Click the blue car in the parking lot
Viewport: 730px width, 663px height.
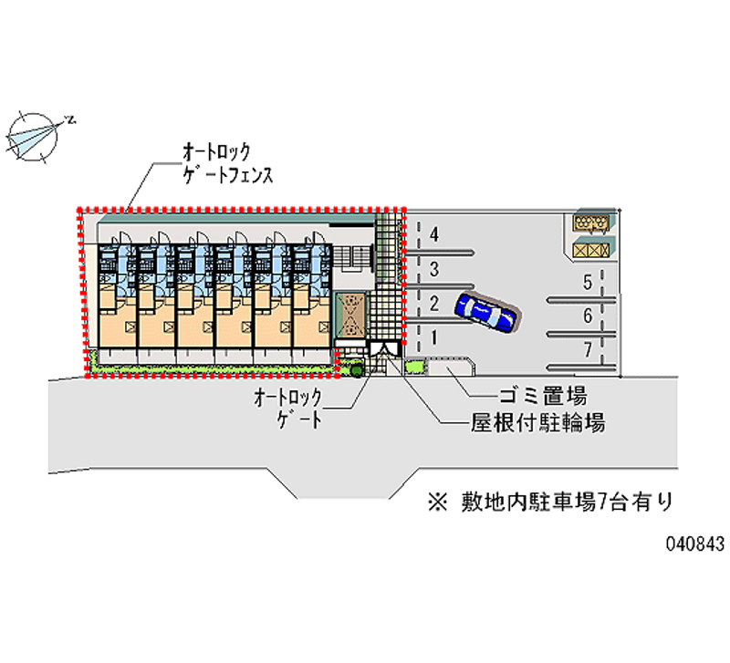(x=487, y=313)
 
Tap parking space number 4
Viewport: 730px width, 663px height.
(x=434, y=234)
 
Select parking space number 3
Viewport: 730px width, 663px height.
(x=434, y=269)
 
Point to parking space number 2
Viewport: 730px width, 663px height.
(x=434, y=304)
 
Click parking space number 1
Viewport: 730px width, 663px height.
(x=434, y=337)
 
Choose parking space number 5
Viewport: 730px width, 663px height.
(x=588, y=282)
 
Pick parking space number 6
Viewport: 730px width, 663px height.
(x=588, y=316)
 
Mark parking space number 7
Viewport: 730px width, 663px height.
(x=588, y=349)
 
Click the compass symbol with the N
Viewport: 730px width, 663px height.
(x=36, y=137)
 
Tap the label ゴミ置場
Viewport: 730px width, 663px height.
(x=543, y=397)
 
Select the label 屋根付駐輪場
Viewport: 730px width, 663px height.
(x=537, y=423)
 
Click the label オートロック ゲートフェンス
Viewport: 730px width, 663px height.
(x=227, y=163)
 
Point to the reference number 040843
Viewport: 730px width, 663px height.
(x=694, y=544)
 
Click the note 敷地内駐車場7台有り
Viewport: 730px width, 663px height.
(x=550, y=502)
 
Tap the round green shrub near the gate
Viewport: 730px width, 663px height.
(x=357, y=370)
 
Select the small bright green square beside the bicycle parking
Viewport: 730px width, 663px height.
(x=415, y=367)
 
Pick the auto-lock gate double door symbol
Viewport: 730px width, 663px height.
(x=384, y=348)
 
